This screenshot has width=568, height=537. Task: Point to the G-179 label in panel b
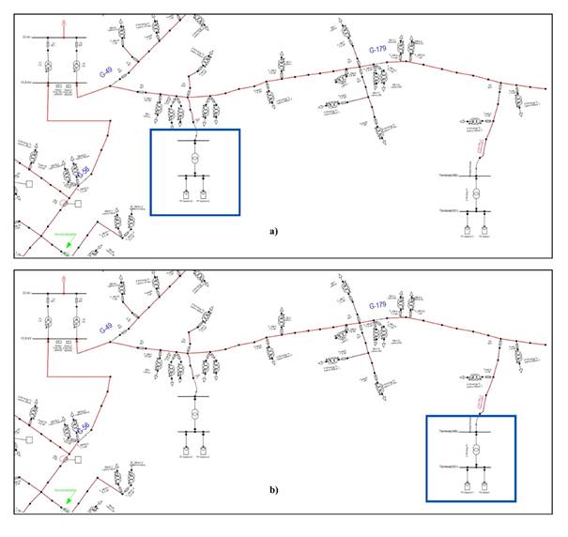[377, 306]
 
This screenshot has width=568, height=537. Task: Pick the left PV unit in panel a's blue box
[186, 198]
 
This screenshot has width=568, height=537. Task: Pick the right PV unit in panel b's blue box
[486, 488]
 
